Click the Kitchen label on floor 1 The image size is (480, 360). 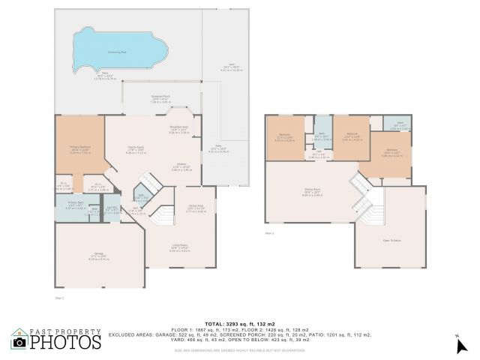click(181, 167)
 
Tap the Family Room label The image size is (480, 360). click(135, 151)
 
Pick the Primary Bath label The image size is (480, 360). click(67, 205)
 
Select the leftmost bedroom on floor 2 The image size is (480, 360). click(284, 137)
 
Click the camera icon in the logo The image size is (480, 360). click(19, 343)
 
